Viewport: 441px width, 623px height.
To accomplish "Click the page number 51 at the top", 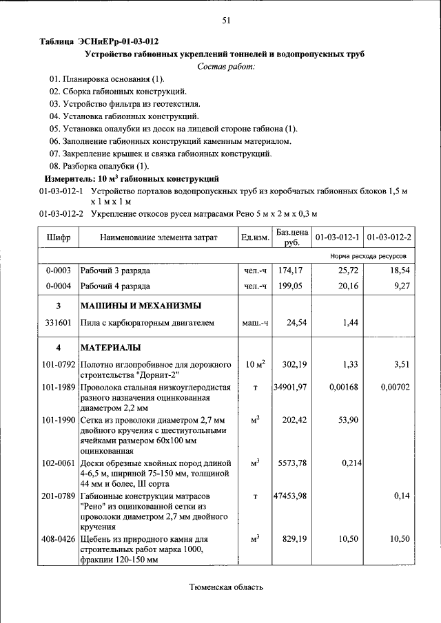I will (x=225, y=20).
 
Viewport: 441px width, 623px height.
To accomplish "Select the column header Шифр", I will (x=59, y=237).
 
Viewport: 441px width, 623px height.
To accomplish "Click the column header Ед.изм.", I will (x=254, y=237).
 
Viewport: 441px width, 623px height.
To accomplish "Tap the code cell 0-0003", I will (x=59, y=271).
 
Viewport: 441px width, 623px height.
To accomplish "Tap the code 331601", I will (x=59, y=321).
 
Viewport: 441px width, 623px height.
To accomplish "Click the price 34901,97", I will (x=289, y=388).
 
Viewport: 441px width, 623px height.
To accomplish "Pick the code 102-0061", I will (x=59, y=463).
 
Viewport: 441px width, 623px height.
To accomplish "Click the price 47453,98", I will (x=289, y=496).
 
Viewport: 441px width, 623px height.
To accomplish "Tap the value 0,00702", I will (x=395, y=388).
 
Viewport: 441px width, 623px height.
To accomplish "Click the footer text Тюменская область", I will (x=226, y=587).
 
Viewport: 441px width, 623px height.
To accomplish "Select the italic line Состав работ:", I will (x=225, y=66).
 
